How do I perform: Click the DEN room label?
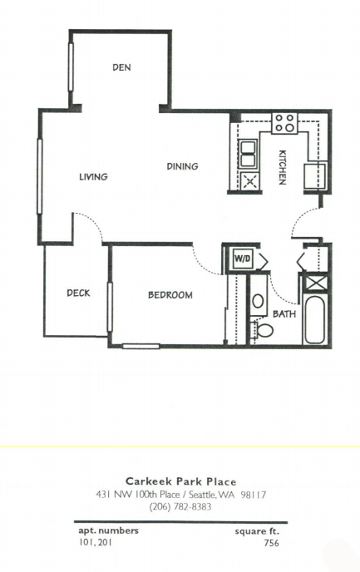pos(121,67)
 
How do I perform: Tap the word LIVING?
pos(94,177)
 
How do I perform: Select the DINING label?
pos(182,166)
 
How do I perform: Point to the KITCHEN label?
pos(283,167)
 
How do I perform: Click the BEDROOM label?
pos(170,295)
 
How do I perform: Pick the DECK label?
pos(78,293)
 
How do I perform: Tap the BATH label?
pos(284,313)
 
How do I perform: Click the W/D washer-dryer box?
pos(243,259)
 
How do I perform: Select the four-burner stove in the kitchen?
pos(285,123)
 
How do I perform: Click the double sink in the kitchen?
pos(247,154)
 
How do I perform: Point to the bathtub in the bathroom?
pos(314,320)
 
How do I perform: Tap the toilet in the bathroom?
pos(263,331)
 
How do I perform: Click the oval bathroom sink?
pos(258,301)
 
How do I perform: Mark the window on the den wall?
pos(71,67)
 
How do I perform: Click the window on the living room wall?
pos(40,175)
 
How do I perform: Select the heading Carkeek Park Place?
pos(181,481)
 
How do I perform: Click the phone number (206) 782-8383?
pos(180,506)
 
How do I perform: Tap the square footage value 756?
pos(271,543)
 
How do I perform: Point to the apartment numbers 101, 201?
pos(96,542)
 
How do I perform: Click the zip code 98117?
pos(254,495)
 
